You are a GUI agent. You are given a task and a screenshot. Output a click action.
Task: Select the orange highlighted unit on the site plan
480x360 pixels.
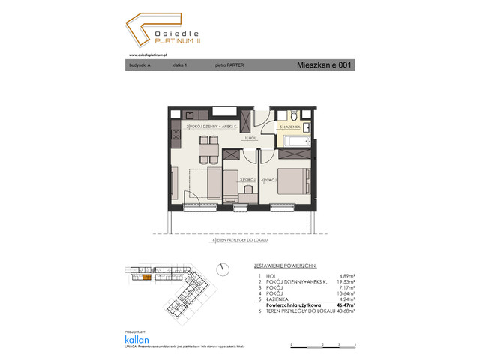click(x=148, y=277)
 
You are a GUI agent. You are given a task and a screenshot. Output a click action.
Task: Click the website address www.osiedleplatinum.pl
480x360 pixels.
click(x=147, y=55)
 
